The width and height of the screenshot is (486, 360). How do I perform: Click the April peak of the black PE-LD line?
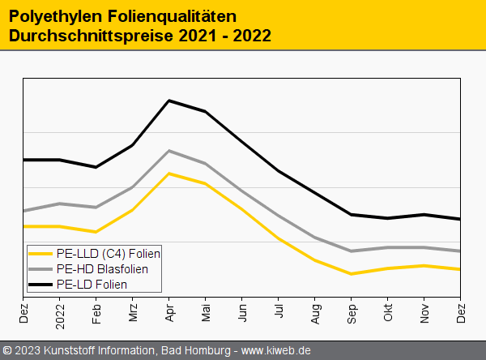point(168,101)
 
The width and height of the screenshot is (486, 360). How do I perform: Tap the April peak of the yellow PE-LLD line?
point(168,174)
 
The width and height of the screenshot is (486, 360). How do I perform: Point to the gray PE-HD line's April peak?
point(168,151)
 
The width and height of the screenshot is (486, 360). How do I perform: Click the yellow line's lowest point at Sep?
point(351,274)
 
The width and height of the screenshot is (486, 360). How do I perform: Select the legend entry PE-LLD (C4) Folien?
point(107,254)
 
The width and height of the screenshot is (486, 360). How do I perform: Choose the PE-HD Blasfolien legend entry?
point(102,269)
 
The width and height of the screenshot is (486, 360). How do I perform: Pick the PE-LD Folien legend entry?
point(92,285)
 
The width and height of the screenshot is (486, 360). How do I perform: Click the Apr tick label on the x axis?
point(169,310)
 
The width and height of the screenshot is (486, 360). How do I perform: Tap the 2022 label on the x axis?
point(60,312)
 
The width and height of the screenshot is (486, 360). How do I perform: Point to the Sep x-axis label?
point(352,311)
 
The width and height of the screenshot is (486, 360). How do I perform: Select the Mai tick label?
point(206,310)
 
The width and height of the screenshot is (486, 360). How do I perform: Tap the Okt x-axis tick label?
point(388,310)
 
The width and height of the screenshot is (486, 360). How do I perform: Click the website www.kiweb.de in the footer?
point(276,351)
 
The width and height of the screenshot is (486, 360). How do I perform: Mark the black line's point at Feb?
point(96,167)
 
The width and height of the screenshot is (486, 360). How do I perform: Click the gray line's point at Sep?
point(351,251)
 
